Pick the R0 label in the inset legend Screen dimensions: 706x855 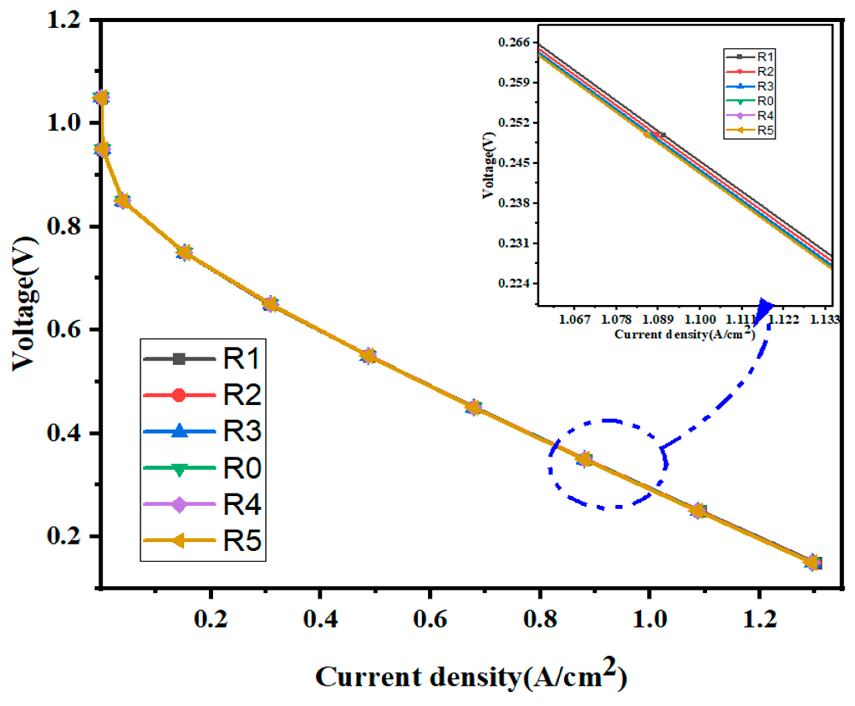pyautogui.click(x=765, y=101)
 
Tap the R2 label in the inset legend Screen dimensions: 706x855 pyautogui.click(x=765, y=72)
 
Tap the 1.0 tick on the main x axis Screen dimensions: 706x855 pyautogui.click(x=649, y=620)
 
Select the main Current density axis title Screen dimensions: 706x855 pyautogui.click(x=471, y=677)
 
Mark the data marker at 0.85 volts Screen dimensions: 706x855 pyautogui.click(x=122, y=201)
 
